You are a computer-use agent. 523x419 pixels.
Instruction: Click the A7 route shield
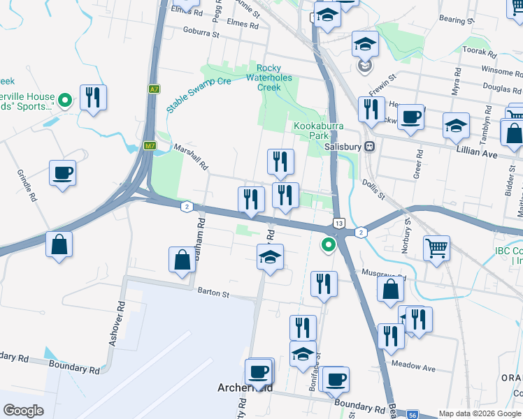(154, 89)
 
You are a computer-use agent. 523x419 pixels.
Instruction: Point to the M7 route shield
(150, 146)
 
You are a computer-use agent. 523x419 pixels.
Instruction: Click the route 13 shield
(338, 223)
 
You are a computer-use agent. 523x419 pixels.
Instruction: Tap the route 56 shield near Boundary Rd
(413, 413)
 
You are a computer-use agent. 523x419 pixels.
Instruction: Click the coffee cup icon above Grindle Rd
(62, 172)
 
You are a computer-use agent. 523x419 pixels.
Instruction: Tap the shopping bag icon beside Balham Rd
(182, 260)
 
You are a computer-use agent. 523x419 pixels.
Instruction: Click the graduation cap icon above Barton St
(270, 256)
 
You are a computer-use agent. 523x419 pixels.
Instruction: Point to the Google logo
(23, 411)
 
